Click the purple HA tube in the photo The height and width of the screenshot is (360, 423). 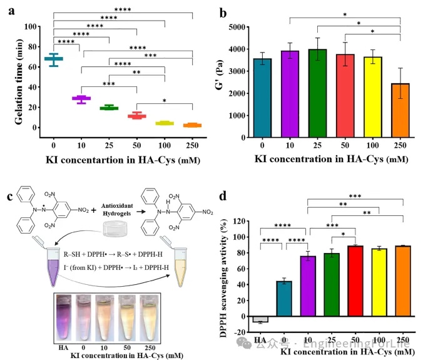click(63, 316)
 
